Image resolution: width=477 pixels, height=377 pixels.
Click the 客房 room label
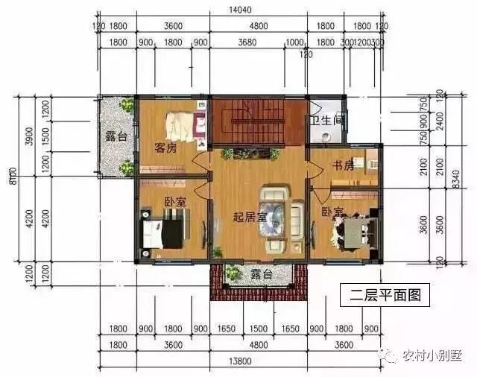(x=165, y=148)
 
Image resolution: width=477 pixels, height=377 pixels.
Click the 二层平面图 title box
(x=385, y=295)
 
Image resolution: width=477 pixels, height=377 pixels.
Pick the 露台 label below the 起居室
(x=261, y=274)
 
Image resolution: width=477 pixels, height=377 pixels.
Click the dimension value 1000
(x=295, y=43)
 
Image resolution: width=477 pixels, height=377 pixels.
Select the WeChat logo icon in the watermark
(x=391, y=355)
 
